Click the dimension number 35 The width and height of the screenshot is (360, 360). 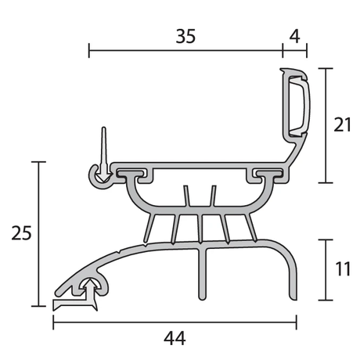click(185, 36)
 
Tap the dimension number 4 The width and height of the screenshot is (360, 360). click(294, 36)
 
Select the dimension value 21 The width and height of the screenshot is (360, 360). click(342, 125)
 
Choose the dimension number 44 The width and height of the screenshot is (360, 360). click(175, 338)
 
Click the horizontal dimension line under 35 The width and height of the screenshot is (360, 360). click(185, 52)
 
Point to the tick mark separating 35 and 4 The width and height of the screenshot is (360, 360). click(283, 52)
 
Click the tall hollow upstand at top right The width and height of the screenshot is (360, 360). click(296, 102)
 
